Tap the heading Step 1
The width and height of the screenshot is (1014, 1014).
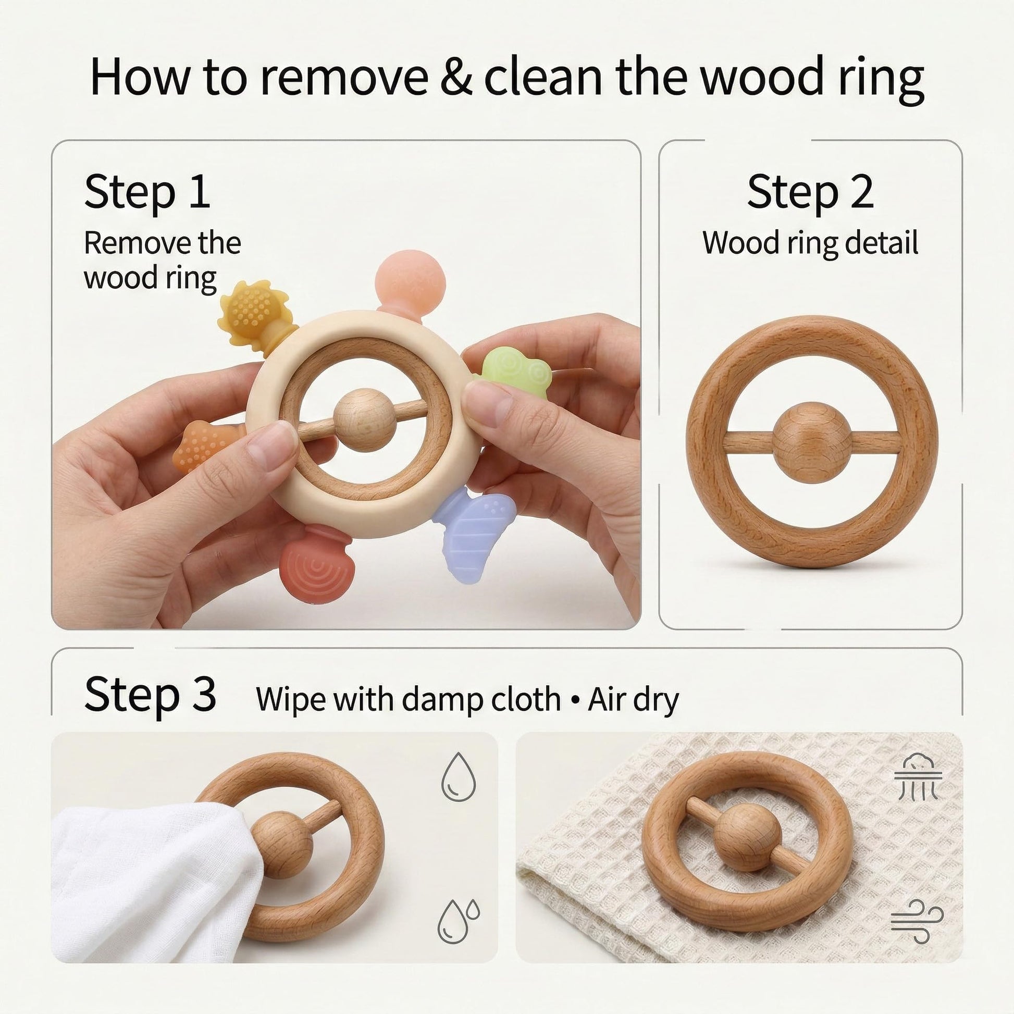[x=147, y=192]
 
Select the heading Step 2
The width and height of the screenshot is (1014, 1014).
[x=810, y=192]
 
